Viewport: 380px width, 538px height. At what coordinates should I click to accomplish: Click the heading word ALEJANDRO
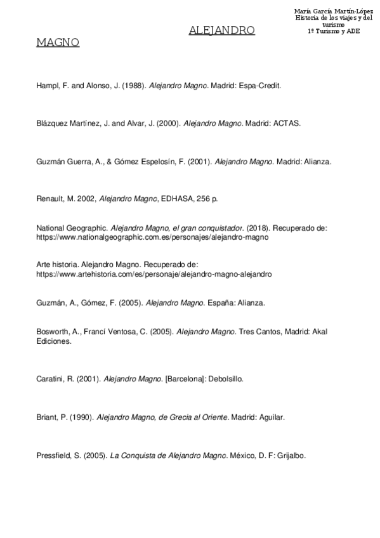pos(222,30)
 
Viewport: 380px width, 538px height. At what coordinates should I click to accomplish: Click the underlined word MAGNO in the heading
pos(58,43)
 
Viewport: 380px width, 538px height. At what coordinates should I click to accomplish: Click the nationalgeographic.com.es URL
pos(144,237)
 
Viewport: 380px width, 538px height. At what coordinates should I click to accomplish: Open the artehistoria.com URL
pos(154,275)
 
